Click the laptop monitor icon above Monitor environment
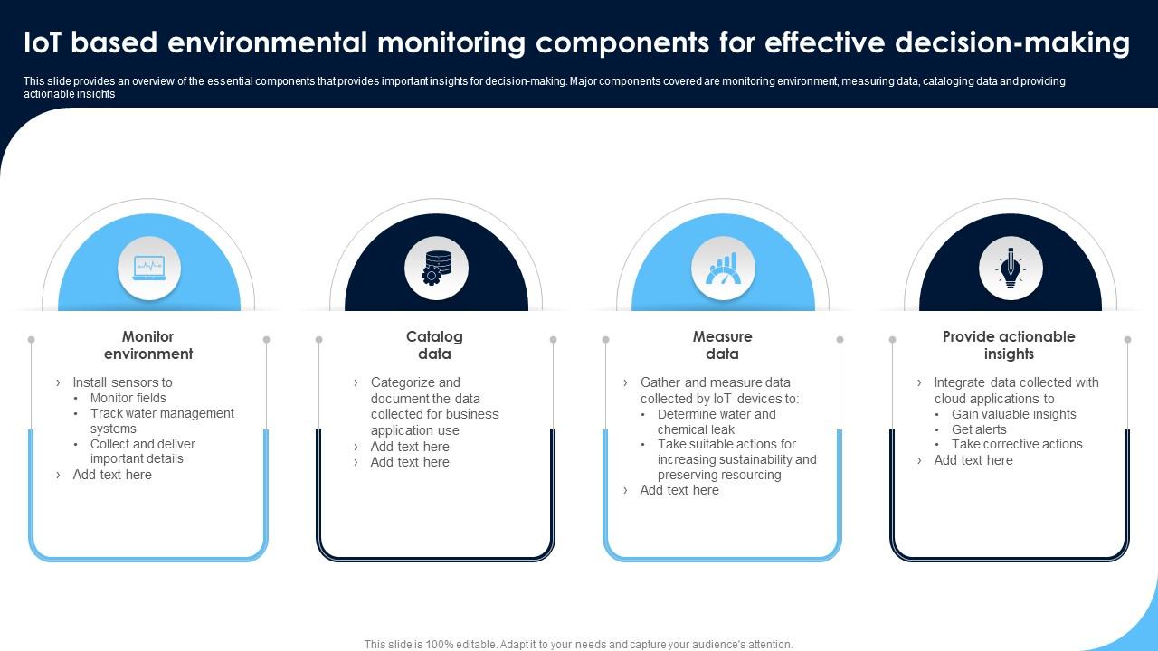pos(149,268)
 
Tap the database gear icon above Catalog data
pos(436,268)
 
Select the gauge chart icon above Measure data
pos(723,268)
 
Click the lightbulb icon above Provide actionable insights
pos(1011,268)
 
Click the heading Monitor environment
pos(148,345)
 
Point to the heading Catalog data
pos(434,345)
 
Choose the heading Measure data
pos(722,345)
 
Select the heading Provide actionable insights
pos(1009,345)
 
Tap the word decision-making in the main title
pos(1012,42)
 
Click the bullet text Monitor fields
pos(128,398)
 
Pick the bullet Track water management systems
pos(161,420)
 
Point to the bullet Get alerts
pos(978,429)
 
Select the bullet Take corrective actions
pos(1016,444)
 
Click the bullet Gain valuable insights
pos(1013,414)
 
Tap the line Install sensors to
pos(122,382)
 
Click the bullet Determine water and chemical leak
pos(716,421)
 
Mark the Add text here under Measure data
pos(679,490)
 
